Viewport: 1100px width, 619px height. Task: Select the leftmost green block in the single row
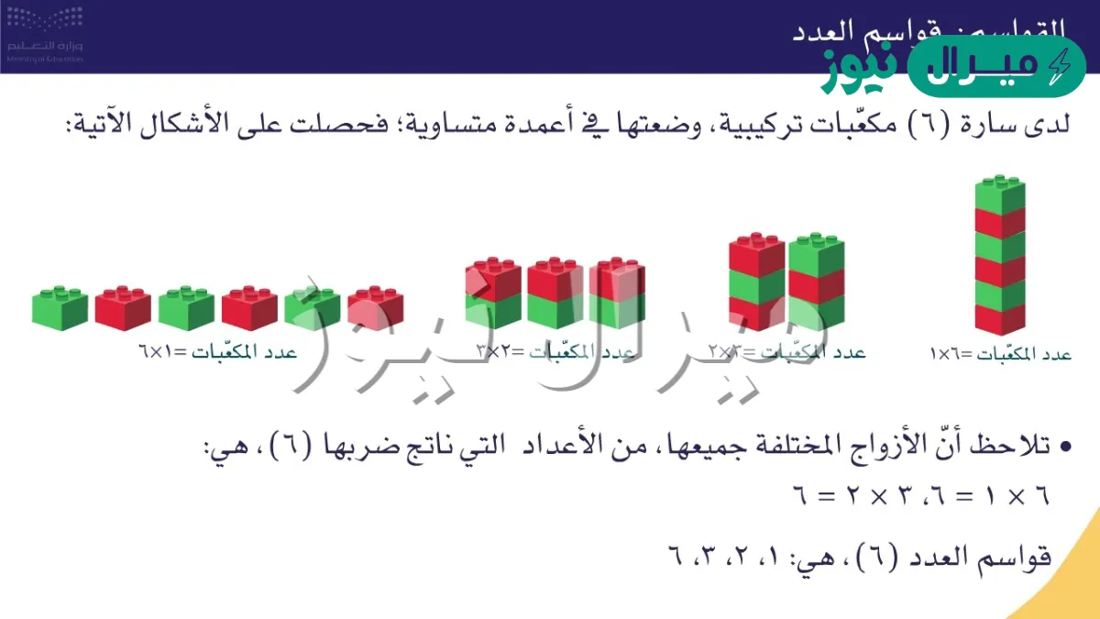click(x=60, y=308)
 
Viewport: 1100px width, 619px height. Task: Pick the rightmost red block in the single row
click(x=376, y=308)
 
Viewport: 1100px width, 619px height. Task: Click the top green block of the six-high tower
click(x=999, y=195)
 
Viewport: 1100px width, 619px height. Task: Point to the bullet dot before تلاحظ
click(x=1065, y=448)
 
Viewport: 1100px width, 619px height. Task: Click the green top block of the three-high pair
click(x=817, y=253)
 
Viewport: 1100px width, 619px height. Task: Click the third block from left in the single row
click(x=186, y=308)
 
